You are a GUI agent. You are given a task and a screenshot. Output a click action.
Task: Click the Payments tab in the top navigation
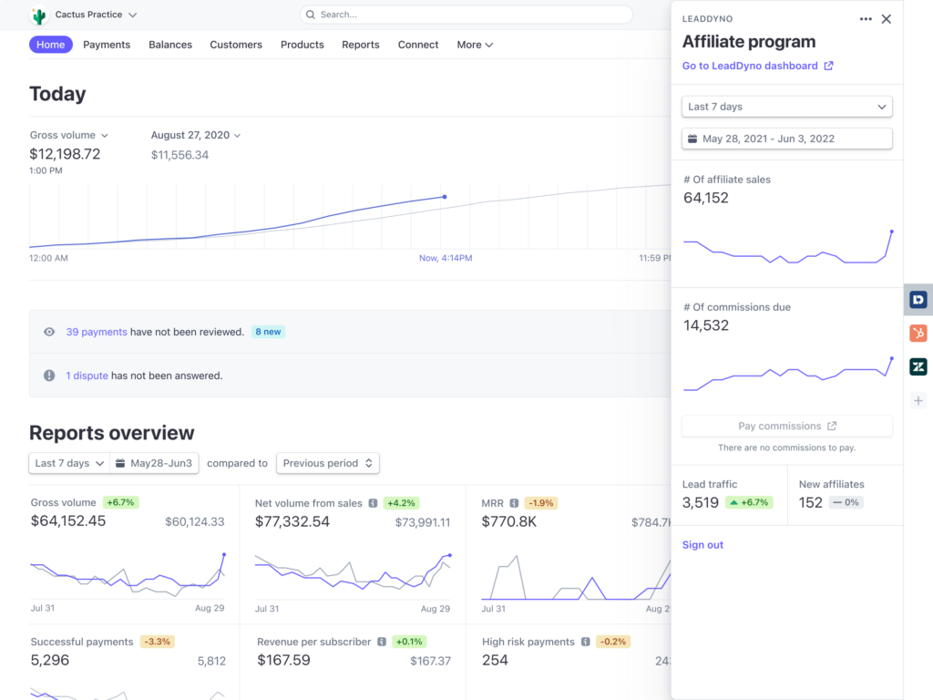107,45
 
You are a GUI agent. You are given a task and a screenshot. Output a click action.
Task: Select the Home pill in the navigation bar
51,45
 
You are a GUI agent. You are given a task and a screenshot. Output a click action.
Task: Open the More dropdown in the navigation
475,45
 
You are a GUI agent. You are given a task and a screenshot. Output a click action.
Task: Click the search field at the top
466,15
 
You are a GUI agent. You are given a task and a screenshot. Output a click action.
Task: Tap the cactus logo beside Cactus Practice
38,15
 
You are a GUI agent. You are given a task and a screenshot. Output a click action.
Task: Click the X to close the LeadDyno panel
886,19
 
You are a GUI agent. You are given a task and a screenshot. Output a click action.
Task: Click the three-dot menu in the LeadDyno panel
866,19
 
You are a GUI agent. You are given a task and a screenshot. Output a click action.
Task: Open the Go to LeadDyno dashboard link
757,66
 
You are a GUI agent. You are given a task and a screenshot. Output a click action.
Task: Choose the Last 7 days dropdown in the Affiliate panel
786,107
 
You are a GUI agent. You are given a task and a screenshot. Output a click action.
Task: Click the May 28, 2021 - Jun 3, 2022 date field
786,139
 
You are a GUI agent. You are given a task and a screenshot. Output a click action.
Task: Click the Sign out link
702,545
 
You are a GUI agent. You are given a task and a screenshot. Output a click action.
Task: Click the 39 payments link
97,332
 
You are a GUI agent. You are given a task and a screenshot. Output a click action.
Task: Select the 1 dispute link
87,376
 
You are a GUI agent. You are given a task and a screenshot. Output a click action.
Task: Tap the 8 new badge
268,332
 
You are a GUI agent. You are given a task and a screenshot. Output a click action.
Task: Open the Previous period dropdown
327,463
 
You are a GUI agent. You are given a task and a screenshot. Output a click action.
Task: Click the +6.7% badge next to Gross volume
120,502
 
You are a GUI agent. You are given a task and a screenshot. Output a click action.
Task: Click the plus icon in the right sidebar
918,401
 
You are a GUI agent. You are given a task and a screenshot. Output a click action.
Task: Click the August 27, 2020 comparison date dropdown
196,135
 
